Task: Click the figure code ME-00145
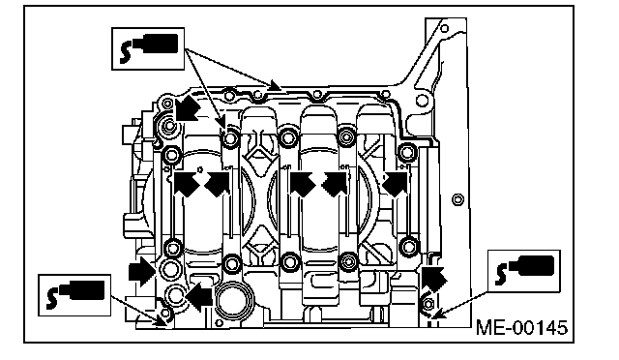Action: (522, 328)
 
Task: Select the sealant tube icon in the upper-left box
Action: (149, 48)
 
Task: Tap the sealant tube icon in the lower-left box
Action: (75, 294)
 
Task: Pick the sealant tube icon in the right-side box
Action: (524, 270)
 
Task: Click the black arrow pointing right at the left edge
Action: (141, 272)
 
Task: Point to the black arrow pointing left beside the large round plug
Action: (199, 296)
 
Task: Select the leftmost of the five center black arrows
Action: (187, 184)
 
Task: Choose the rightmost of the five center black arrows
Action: (395, 184)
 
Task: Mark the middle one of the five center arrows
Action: (302, 184)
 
